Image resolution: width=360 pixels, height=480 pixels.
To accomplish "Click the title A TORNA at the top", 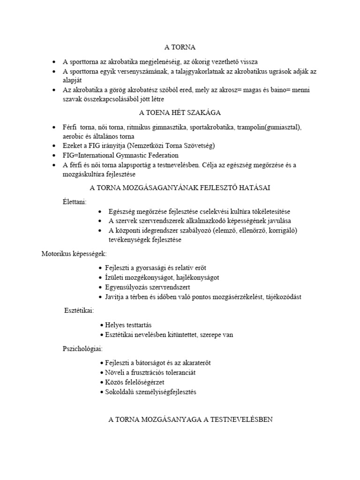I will click(180, 47).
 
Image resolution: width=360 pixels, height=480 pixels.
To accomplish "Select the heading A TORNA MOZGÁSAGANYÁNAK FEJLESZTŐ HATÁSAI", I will click(180, 187).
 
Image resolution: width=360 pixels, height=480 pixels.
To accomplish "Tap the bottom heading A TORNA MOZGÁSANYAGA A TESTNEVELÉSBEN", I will click(190, 420).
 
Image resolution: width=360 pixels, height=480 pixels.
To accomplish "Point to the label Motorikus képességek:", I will click(74, 254).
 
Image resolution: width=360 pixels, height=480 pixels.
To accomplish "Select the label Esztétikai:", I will click(79, 310).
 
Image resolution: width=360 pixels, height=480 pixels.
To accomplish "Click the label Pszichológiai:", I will click(83, 349).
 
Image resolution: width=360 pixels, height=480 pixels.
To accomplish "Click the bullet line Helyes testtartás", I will click(128, 325).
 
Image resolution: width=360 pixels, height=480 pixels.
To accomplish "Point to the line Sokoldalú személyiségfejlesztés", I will click(150, 392).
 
